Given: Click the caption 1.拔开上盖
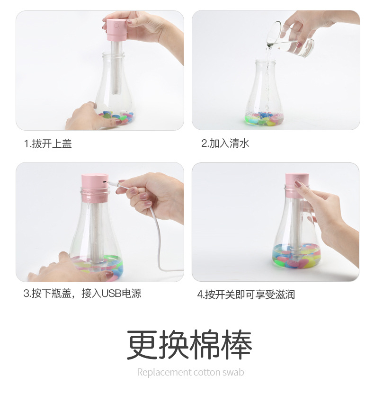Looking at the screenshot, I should tap(48, 143).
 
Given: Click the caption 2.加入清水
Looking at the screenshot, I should tap(225, 143).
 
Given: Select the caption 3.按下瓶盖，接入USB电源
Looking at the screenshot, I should tap(82, 294).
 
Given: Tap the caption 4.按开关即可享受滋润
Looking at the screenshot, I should tap(246, 295).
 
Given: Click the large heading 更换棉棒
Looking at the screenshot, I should tap(189, 344).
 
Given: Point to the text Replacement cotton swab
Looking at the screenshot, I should tap(190, 372).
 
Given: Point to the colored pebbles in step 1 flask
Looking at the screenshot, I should tap(115, 116).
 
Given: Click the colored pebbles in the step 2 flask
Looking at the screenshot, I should tap(264, 118).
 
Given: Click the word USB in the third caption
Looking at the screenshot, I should tap(112, 294).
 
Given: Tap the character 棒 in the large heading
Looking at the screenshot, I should tap(235, 344).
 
